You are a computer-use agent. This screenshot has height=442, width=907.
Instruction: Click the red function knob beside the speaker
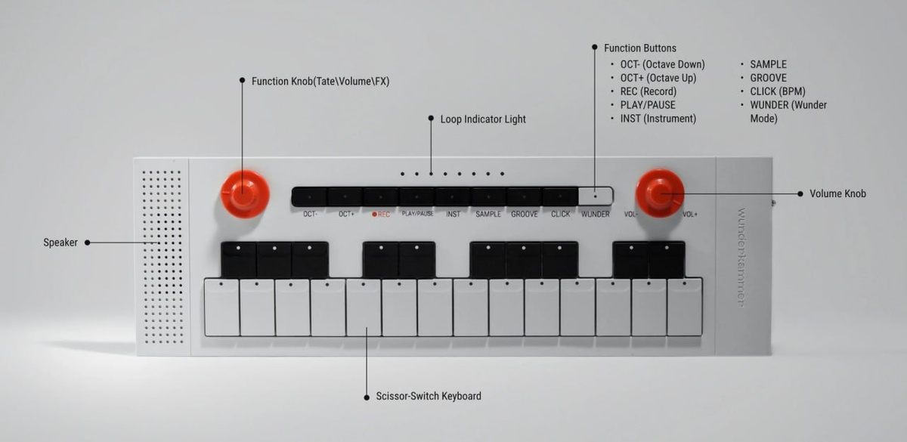click(245, 193)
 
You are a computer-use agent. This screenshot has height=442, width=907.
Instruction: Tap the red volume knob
click(659, 193)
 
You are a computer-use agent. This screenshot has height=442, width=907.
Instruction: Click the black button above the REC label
click(381, 197)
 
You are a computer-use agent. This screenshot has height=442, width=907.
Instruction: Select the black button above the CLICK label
click(560, 197)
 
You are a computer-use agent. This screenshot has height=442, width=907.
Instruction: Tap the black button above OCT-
click(309, 197)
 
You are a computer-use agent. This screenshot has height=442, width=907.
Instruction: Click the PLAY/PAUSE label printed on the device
click(417, 215)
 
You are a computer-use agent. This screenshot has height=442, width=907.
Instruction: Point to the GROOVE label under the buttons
click(525, 215)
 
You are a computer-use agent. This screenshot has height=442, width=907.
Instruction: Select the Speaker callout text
click(60, 243)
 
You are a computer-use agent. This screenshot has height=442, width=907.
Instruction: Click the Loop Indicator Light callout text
click(483, 119)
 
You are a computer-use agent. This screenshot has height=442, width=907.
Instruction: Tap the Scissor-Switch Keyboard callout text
click(428, 396)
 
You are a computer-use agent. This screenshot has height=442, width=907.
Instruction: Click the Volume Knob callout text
click(837, 194)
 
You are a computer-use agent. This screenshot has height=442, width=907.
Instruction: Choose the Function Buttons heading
click(640, 48)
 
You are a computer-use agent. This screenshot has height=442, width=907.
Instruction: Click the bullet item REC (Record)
click(648, 91)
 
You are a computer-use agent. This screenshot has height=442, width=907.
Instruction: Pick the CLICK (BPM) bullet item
click(777, 91)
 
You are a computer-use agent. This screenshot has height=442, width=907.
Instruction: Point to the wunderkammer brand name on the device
click(741, 257)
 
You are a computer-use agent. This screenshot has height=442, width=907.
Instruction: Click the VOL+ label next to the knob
click(690, 215)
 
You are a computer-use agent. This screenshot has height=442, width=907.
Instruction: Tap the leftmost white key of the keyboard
click(221, 308)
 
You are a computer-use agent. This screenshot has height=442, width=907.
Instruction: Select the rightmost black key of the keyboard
click(667, 260)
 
